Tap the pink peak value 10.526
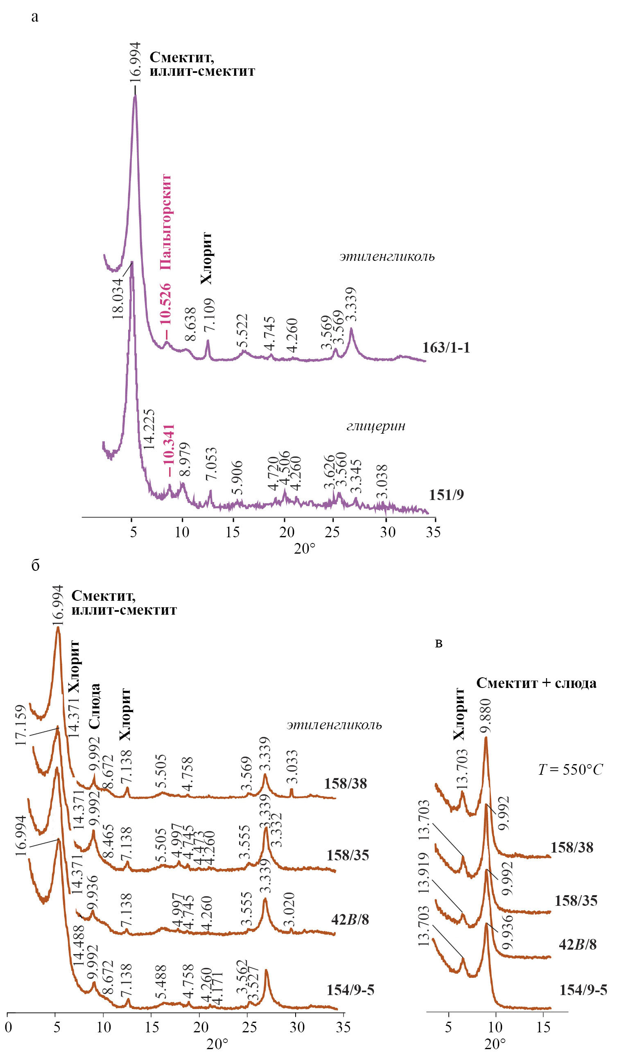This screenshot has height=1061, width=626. [x=165, y=303]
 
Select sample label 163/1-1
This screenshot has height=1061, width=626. [x=446, y=348]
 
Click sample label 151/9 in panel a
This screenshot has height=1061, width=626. [x=446, y=494]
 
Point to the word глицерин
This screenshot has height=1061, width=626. [x=375, y=426]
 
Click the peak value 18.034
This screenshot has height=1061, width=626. [x=118, y=298]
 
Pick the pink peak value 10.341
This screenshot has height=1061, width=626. [x=168, y=448]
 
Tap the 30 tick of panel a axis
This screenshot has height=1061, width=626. [x=388, y=532]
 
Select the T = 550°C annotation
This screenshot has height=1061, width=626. [x=570, y=769]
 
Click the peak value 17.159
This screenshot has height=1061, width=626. [x=21, y=725]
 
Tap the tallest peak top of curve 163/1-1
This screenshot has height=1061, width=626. [x=135, y=96]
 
